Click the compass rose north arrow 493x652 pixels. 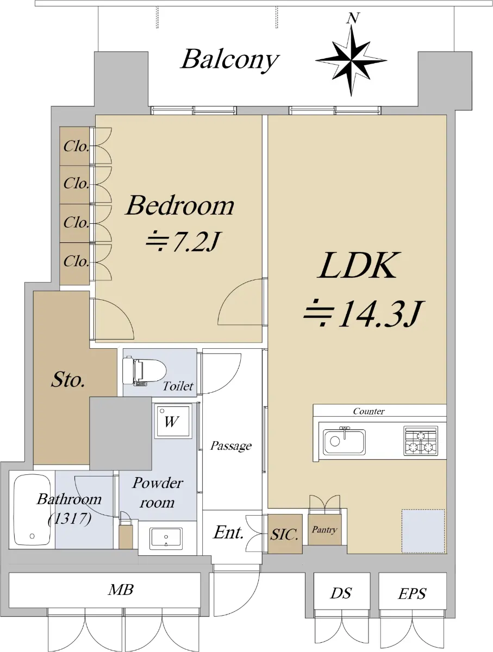tap(351, 57)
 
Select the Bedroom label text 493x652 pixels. tap(180, 205)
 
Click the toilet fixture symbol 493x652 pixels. tap(145, 371)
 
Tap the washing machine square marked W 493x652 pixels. tap(172, 421)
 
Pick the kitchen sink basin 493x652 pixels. tap(344, 441)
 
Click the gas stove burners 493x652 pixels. tap(420, 441)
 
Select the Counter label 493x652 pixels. tap(369, 411)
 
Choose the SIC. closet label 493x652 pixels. tap(284, 535)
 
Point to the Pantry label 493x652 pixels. tap(324, 530)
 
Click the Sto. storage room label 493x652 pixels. tap(68, 380)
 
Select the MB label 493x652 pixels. tap(121, 590)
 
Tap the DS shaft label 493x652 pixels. tap(341, 593)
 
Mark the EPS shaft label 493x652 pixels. tap(412, 594)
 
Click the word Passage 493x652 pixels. tap(231, 446)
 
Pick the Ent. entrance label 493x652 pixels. tap(228, 532)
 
